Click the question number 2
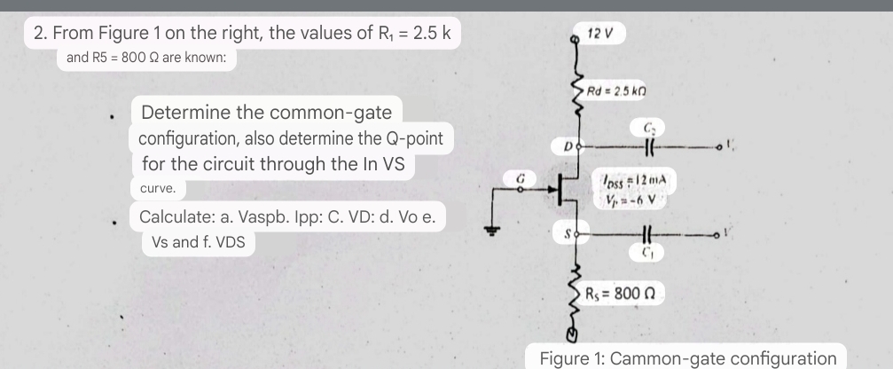(x=40, y=35)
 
